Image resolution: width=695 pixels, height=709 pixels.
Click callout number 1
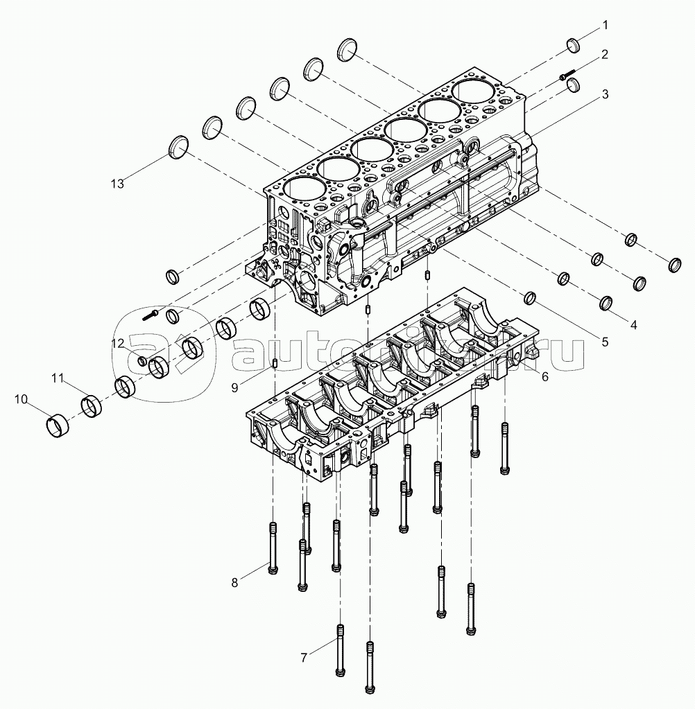click(605, 26)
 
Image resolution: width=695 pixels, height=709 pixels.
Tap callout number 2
click(605, 55)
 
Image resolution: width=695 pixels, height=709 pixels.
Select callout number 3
click(605, 94)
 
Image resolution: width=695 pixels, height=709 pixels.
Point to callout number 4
click(633, 324)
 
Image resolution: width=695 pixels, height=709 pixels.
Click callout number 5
click(605, 342)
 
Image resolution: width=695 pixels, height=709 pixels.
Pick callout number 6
click(544, 376)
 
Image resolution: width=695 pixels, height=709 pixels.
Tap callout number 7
click(304, 657)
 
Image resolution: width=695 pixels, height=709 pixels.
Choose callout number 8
click(234, 583)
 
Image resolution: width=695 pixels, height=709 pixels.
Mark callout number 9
click(234, 388)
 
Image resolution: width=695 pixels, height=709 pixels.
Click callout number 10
click(21, 399)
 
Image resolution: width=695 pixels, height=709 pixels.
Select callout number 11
click(57, 378)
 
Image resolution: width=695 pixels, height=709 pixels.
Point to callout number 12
click(118, 344)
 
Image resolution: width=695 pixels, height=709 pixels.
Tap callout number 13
click(117, 184)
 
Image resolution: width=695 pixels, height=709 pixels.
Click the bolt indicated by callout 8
click(273, 548)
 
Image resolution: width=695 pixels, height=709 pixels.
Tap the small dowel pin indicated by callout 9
click(275, 363)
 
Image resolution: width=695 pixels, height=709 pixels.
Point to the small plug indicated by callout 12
click(141, 361)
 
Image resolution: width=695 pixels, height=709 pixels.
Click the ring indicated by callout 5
click(530, 298)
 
